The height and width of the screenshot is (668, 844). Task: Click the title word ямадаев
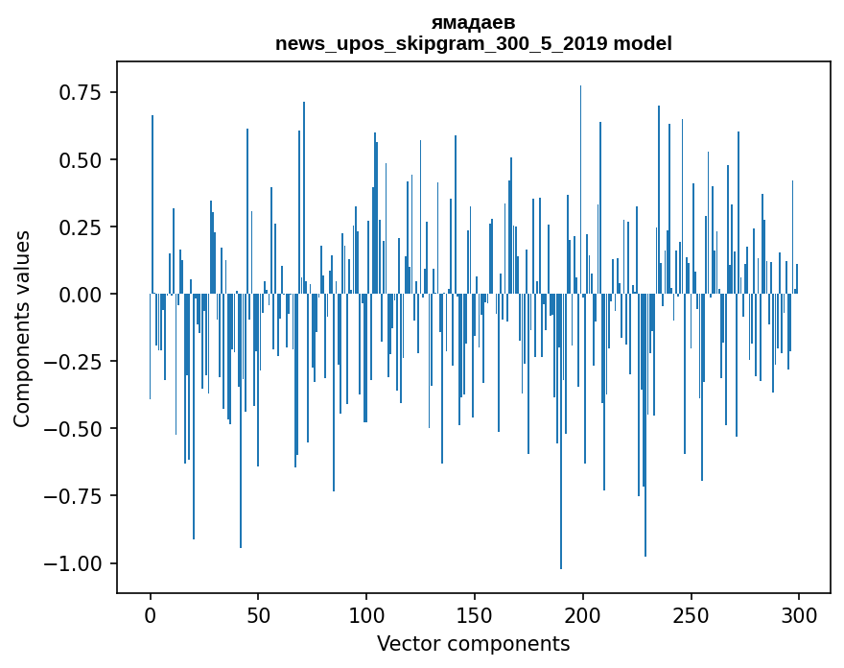click(x=473, y=22)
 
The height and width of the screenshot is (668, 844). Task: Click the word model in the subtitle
click(x=643, y=43)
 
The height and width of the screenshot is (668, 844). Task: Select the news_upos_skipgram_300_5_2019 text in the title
click(x=442, y=43)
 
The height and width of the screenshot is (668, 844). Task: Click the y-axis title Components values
click(x=22, y=328)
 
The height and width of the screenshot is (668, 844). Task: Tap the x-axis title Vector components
click(x=474, y=644)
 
